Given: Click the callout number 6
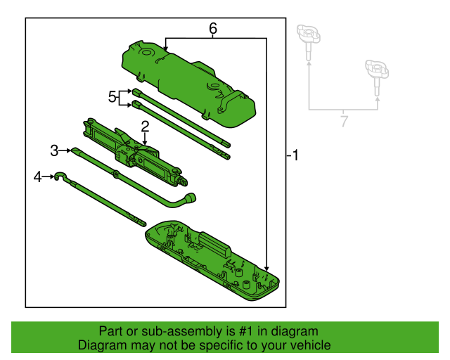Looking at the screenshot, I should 213,29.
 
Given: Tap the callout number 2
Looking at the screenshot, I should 145,127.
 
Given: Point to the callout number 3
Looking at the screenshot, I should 54,150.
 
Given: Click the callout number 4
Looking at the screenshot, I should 38,177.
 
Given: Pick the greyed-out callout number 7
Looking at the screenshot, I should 343,121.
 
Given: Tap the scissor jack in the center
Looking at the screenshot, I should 134,151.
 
